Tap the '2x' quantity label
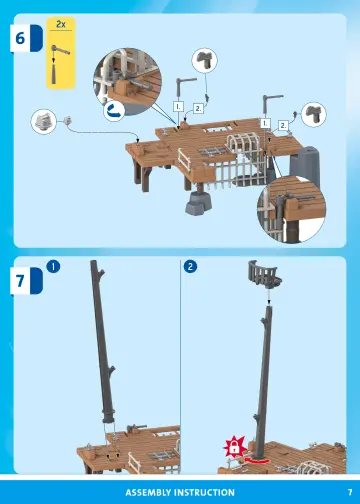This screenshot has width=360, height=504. tap(59, 22)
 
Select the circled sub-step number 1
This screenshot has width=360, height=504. tap(53, 267)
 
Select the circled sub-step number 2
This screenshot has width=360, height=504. tap(190, 267)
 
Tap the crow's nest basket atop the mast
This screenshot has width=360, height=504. tap(262, 272)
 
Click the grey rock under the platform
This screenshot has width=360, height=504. tap(194, 203)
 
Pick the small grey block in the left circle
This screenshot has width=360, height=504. tap(44, 121)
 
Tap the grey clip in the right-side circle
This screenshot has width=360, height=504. tap(313, 115)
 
